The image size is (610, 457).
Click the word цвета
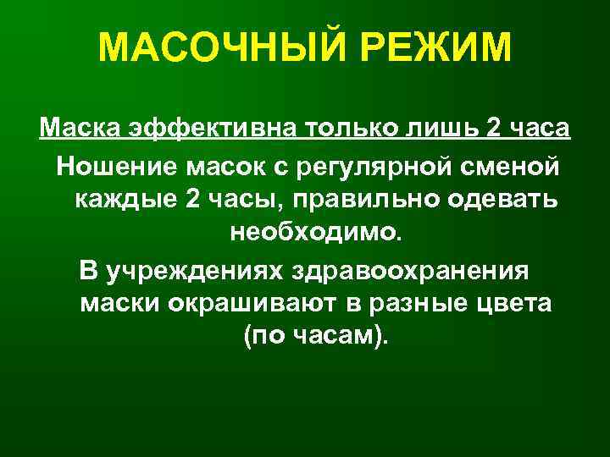[x=513, y=303]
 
